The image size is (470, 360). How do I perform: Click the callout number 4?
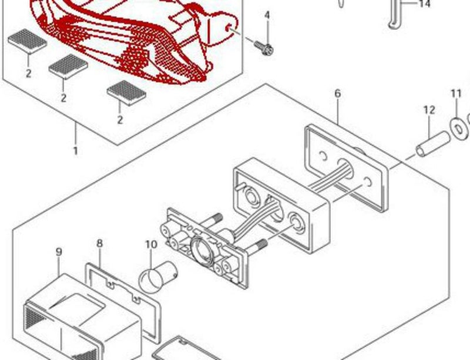(267, 15)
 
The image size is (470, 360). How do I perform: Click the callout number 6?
(337, 93)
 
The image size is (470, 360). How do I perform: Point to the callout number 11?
(456, 94)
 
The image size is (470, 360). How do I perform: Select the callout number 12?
(429, 110)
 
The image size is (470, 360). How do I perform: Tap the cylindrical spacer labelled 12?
(432, 144)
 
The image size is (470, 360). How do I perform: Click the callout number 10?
(152, 244)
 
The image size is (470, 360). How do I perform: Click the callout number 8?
(99, 243)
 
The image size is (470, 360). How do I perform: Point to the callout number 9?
(59, 252)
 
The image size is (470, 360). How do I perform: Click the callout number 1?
(76, 151)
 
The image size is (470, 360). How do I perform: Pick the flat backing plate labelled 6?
(347, 168)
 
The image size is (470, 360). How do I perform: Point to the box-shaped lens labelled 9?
(81, 318)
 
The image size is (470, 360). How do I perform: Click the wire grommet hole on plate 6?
(345, 167)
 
